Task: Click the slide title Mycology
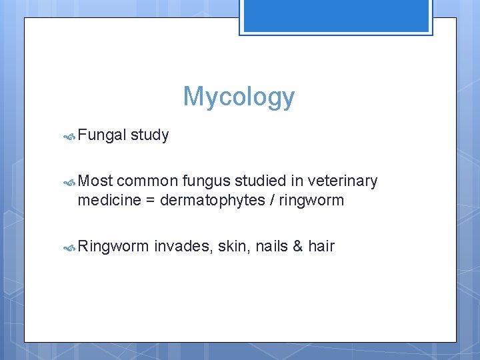[239, 97]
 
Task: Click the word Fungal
[101, 135]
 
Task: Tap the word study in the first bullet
[150, 135]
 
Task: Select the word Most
[95, 181]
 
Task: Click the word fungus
[203, 181]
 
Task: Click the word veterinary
[343, 181]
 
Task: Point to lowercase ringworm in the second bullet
[312, 200]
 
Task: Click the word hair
[321, 247]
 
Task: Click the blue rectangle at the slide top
[335, 16]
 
